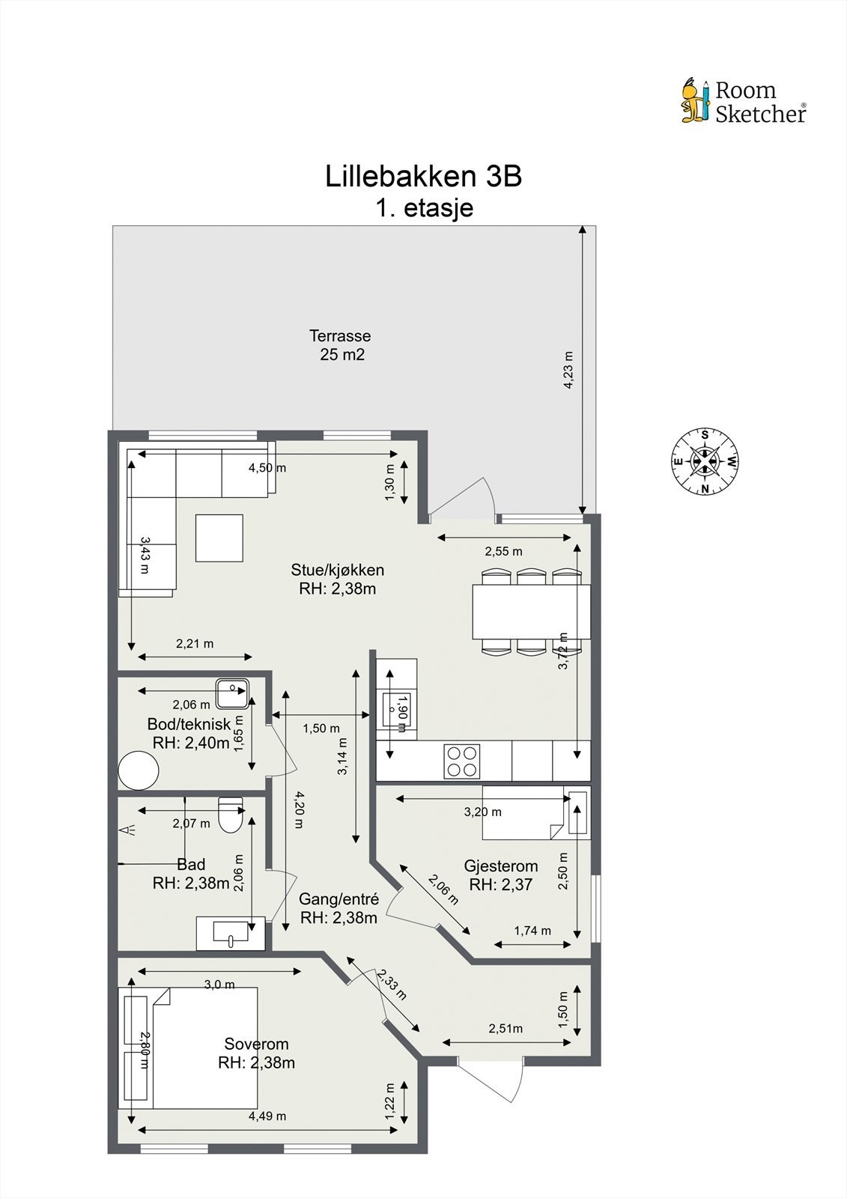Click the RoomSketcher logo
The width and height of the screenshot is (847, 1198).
point(743,102)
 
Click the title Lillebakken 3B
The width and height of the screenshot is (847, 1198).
point(423,177)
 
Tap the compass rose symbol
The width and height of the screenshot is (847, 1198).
point(705,461)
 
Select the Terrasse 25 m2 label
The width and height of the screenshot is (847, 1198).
point(341,345)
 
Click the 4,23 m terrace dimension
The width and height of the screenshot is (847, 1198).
point(568,371)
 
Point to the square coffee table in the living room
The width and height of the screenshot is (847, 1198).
point(219,538)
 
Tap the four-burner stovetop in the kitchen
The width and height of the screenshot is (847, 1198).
point(461,761)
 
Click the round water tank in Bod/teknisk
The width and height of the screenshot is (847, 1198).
point(139,770)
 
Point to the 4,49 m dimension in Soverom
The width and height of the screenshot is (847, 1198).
point(267,1116)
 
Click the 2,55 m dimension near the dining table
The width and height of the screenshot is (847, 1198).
point(503,551)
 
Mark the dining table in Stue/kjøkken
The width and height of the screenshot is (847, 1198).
point(531,611)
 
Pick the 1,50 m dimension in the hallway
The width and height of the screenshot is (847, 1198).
point(321,728)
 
